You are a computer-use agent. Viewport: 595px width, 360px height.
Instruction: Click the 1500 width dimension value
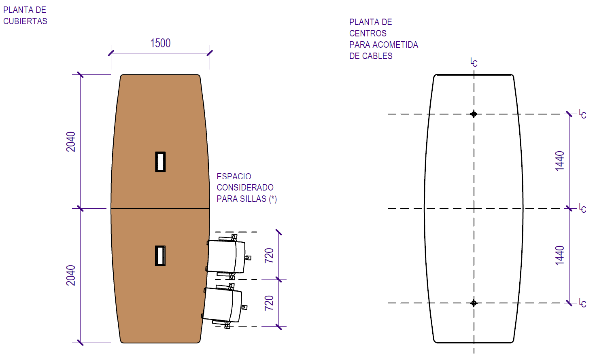(x=160, y=43)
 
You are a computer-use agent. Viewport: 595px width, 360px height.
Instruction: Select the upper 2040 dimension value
(x=71, y=142)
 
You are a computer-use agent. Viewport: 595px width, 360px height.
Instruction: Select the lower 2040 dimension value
(x=71, y=275)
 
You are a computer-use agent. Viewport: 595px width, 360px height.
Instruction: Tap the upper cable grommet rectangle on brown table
(x=160, y=162)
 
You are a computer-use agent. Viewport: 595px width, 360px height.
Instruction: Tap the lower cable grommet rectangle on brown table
(x=160, y=256)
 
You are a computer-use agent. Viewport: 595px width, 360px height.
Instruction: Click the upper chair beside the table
(x=227, y=257)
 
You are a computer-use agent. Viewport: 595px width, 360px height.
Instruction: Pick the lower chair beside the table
(x=223, y=305)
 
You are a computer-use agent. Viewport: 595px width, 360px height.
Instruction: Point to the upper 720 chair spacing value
(x=269, y=256)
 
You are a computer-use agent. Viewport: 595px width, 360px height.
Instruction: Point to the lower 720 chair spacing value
(x=269, y=303)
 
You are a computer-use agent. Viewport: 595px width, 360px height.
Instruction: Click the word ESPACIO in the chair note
(x=234, y=176)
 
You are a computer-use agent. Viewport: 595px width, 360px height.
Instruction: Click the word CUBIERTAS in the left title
(x=25, y=21)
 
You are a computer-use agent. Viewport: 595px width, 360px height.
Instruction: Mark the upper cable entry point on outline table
(x=474, y=114)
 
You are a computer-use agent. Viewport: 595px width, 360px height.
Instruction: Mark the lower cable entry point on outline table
(x=474, y=303)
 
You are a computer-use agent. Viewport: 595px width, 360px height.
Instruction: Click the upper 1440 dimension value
(x=560, y=161)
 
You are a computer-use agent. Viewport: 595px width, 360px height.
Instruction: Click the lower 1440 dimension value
(x=560, y=255)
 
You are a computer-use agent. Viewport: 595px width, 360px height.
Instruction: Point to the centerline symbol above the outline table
(x=474, y=62)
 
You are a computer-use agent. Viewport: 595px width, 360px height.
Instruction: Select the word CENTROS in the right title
(x=368, y=33)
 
